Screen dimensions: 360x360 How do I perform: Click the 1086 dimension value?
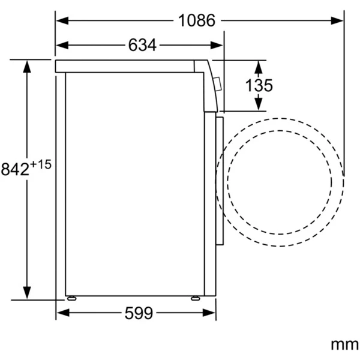[x=197, y=20]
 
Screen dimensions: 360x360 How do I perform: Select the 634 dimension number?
[x=142, y=45]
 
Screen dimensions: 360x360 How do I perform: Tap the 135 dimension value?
[x=259, y=85]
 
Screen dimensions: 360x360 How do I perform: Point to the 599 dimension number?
[x=139, y=313]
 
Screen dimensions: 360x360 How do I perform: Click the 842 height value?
[x=15, y=169]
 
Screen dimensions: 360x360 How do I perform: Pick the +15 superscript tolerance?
[x=40, y=164]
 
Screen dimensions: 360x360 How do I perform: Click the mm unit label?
[x=344, y=344]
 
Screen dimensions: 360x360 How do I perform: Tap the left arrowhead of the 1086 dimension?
[x=62, y=20]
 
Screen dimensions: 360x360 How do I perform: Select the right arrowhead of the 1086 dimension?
[x=337, y=20]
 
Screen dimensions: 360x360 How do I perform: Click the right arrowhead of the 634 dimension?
[x=217, y=45]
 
